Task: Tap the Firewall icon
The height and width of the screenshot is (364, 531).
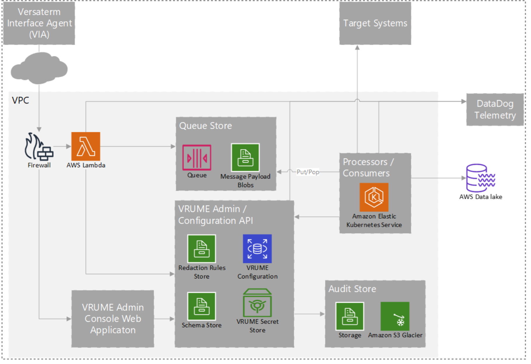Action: click(39, 147)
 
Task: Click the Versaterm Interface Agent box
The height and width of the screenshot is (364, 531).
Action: click(39, 23)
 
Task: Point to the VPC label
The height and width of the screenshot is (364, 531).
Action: click(20, 101)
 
